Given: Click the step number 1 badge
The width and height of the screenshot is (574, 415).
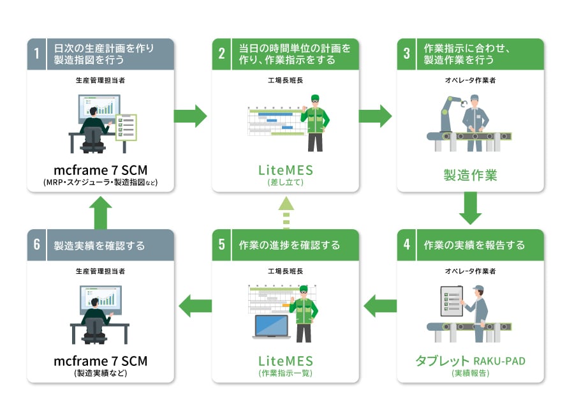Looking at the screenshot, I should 36,54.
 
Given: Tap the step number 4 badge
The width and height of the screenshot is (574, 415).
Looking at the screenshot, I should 407,245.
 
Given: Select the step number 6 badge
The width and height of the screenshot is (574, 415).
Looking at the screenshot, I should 36,245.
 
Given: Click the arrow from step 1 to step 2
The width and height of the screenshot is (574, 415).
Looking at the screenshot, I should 191,116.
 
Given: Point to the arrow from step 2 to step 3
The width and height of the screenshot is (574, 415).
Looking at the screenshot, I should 376,116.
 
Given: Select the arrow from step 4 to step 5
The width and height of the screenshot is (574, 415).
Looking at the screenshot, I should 379,306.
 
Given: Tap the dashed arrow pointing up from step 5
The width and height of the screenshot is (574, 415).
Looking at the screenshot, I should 286,212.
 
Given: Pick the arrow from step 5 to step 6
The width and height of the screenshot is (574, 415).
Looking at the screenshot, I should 195,306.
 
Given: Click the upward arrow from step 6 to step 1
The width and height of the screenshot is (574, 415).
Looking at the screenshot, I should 101,211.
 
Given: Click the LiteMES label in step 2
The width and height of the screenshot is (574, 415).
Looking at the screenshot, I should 286,170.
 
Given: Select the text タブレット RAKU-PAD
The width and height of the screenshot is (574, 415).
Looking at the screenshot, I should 470,361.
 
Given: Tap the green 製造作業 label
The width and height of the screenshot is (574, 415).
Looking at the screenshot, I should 470,174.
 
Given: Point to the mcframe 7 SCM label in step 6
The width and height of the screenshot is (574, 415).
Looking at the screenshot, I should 101,361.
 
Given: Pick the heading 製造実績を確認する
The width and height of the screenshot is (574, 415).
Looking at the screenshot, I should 99,245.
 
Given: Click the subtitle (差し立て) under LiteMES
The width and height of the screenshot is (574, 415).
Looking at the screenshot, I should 286,183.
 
